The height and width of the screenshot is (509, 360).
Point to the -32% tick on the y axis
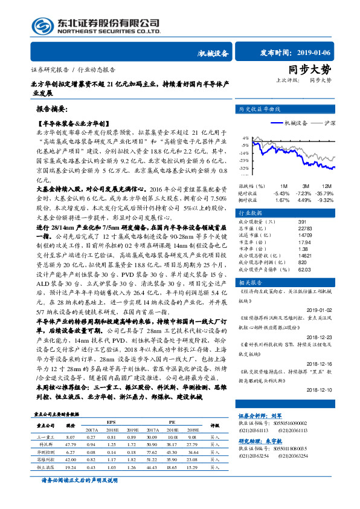243,168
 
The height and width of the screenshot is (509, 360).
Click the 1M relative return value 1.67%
282,200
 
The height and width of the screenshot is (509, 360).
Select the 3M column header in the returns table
306,185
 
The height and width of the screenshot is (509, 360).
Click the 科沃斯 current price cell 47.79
70,443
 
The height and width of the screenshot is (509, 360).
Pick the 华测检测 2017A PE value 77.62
152,452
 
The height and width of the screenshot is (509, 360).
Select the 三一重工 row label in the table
47,436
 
